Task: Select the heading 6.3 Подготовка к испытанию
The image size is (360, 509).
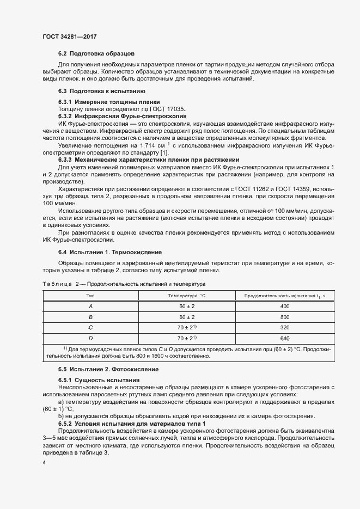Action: [x=101, y=91]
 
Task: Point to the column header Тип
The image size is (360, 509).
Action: [x=90, y=295]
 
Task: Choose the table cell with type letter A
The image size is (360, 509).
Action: [x=90, y=306]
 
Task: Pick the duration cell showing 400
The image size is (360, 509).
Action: [x=284, y=306]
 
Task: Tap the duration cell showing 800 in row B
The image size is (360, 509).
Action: [x=284, y=317]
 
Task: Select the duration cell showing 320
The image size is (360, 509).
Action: [x=284, y=328]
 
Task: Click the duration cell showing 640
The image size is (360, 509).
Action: [x=284, y=339]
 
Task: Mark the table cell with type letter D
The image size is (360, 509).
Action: [x=90, y=339]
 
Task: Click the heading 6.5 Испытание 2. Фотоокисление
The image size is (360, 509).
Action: [x=108, y=369]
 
